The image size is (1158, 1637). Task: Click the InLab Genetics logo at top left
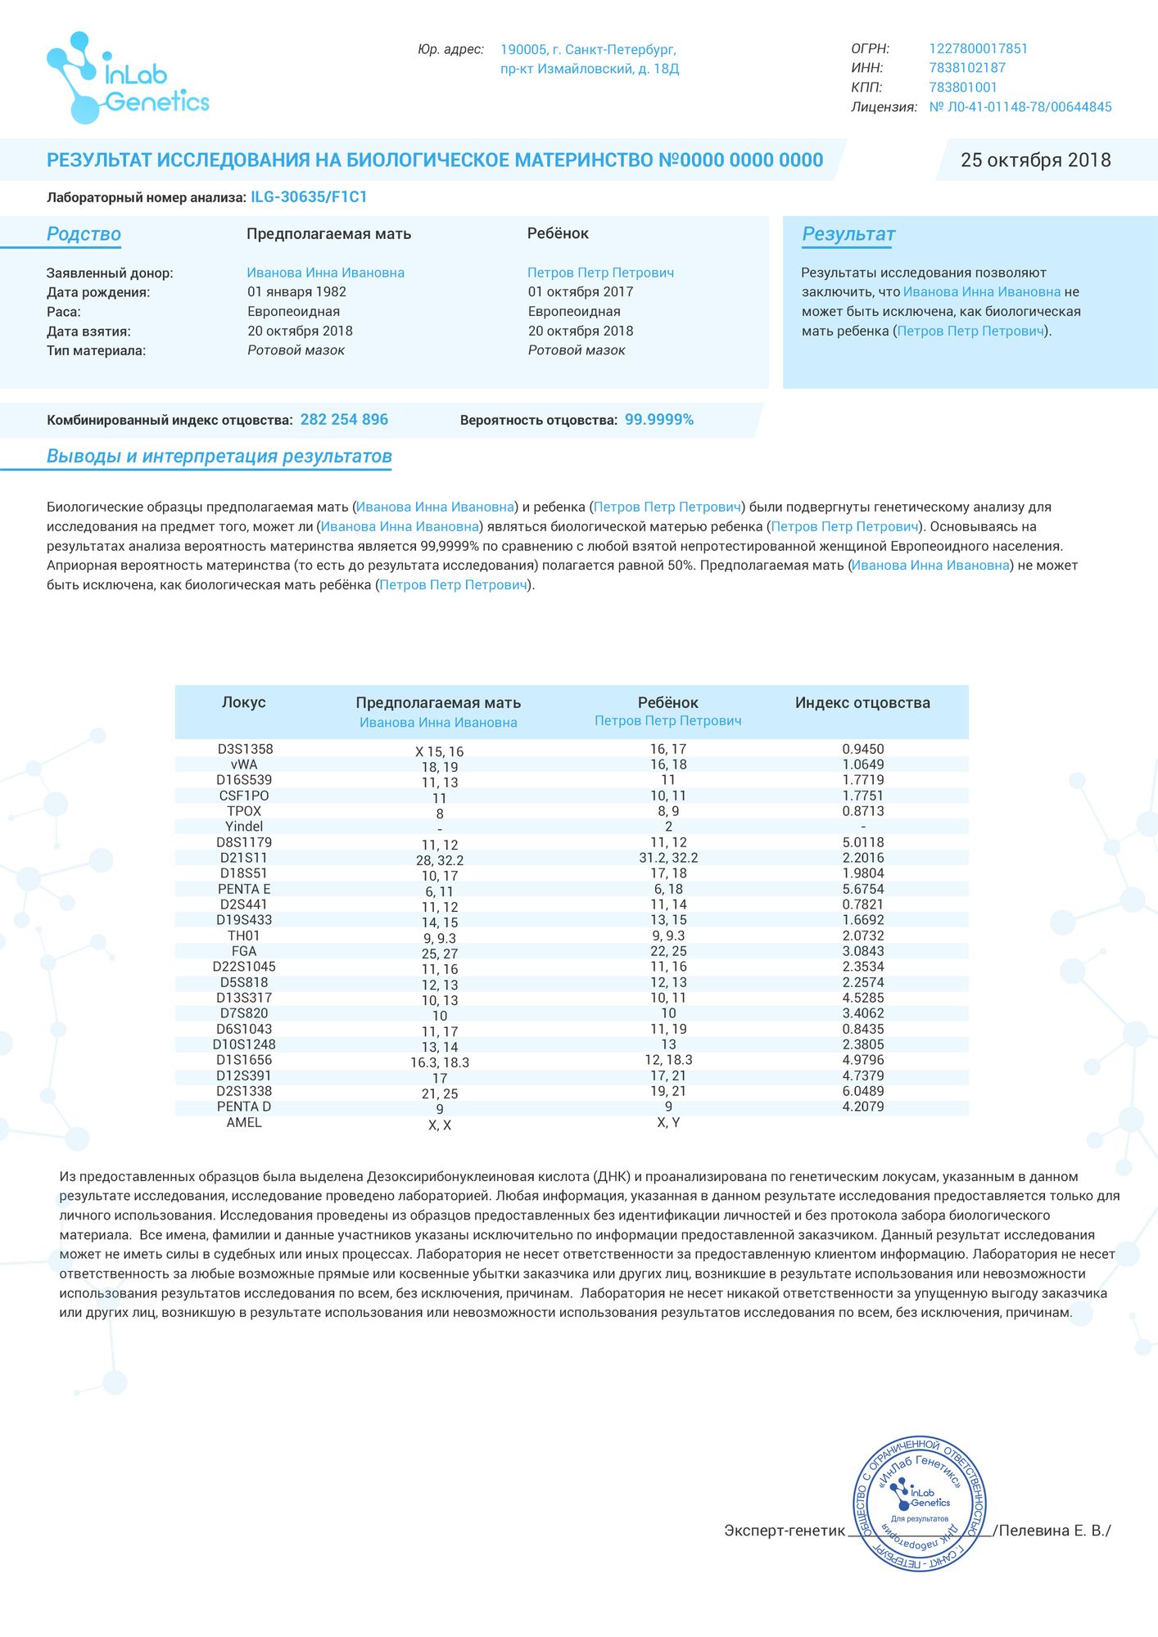coord(128,79)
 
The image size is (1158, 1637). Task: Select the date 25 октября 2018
coord(1035,160)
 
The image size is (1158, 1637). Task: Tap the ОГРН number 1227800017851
coord(978,49)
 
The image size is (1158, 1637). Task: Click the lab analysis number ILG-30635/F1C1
coord(309,197)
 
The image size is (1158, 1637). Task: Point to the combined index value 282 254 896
coord(344,420)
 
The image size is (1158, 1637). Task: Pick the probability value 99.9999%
coord(658,420)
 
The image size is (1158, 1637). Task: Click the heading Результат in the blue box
coord(848,235)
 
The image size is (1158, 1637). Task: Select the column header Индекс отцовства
coord(862,703)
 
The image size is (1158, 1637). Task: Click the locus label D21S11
coord(244,858)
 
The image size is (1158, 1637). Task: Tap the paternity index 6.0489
coord(863,1091)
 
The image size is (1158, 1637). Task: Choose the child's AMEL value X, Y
coord(668,1122)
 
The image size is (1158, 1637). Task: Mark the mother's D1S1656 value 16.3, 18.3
coord(440,1062)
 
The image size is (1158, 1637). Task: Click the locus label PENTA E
coord(244,889)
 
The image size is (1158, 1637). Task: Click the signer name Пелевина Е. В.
coord(1055,1531)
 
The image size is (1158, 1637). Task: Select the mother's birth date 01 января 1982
coord(296,292)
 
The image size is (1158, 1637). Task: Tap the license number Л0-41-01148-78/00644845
coord(1020,107)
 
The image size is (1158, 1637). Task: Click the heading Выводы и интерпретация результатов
coord(219,457)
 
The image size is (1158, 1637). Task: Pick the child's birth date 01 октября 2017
coord(580,292)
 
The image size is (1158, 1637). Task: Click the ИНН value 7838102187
coord(967,68)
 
